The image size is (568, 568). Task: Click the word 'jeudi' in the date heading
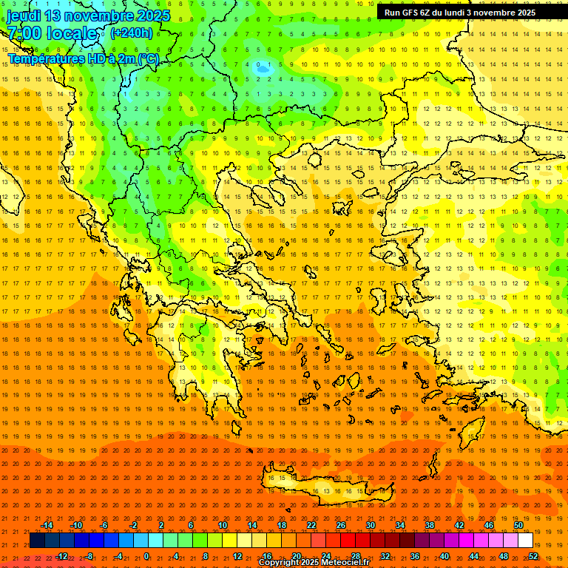pyautogui.click(x=24, y=16)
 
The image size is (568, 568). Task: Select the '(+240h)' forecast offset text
pyautogui.click(x=132, y=33)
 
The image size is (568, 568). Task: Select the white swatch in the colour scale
pyautogui.click(x=525, y=541)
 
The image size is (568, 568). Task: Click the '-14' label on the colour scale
pyautogui.click(x=46, y=525)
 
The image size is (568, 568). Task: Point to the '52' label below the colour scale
pyautogui.click(x=533, y=556)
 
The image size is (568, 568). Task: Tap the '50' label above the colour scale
pyautogui.click(x=518, y=525)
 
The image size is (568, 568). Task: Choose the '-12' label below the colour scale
pyautogui.click(x=61, y=556)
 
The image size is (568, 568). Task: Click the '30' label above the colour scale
pyautogui.click(x=371, y=525)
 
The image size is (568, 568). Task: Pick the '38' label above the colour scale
pyautogui.click(x=430, y=525)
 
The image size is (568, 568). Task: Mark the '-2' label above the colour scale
pyautogui.click(x=133, y=525)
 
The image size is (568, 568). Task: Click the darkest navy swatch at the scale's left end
pyautogui.click(x=37, y=541)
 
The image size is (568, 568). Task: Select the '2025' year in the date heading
pyautogui.click(x=153, y=16)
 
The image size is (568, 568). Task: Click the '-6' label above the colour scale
pyautogui.click(x=104, y=525)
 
